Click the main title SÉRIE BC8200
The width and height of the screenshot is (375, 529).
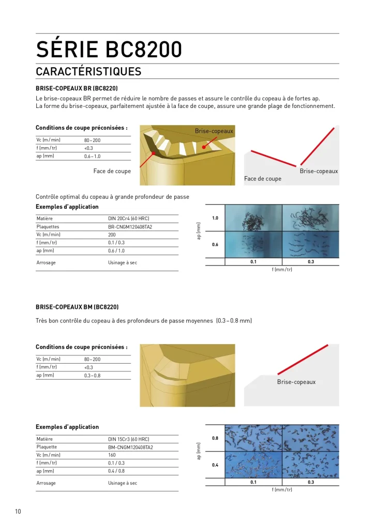click(109, 50)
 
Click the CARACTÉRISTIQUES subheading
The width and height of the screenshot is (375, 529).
click(88, 71)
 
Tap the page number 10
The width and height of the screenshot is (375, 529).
click(18, 511)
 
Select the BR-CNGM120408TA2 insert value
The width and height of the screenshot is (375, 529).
click(130, 227)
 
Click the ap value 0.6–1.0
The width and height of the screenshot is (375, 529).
click(92, 156)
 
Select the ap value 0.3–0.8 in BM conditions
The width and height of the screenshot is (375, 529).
click(92, 376)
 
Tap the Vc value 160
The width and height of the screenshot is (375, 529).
click(112, 455)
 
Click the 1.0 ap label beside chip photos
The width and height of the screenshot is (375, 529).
click(215, 218)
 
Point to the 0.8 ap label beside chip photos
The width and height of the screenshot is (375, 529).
click(215, 439)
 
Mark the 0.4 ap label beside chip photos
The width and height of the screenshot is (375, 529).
click(215, 465)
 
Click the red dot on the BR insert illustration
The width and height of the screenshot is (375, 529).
click(204, 147)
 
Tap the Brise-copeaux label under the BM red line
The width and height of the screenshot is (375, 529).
click(296, 382)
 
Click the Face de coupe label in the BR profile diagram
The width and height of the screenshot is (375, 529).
click(263, 179)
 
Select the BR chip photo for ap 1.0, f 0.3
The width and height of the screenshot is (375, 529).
click(310, 217)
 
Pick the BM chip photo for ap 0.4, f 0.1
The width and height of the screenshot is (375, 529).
click(253, 465)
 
